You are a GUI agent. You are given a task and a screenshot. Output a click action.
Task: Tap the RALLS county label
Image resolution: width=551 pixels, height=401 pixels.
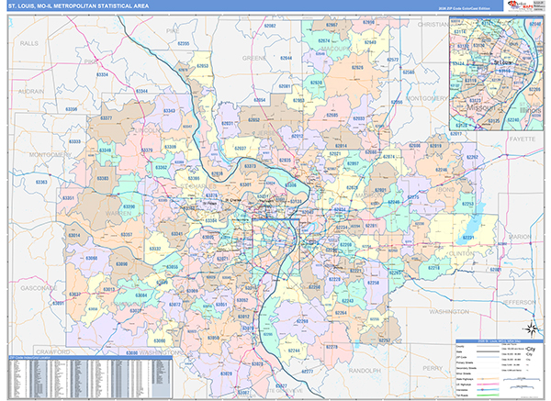(31, 43)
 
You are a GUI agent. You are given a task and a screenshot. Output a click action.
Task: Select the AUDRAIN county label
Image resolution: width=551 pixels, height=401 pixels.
(31, 92)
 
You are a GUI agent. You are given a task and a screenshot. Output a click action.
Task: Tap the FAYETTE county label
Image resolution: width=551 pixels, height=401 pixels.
(522, 138)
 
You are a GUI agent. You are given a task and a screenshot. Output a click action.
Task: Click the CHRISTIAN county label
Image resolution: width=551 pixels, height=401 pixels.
(432, 25)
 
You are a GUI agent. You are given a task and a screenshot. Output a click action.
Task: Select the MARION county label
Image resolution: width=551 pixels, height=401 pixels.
(519, 237)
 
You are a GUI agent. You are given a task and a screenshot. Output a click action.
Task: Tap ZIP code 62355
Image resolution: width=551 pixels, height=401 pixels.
(184, 43)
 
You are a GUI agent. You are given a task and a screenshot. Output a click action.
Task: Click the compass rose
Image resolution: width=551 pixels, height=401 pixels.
(530, 331)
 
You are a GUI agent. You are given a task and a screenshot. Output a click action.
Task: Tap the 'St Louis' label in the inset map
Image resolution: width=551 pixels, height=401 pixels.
(501, 63)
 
